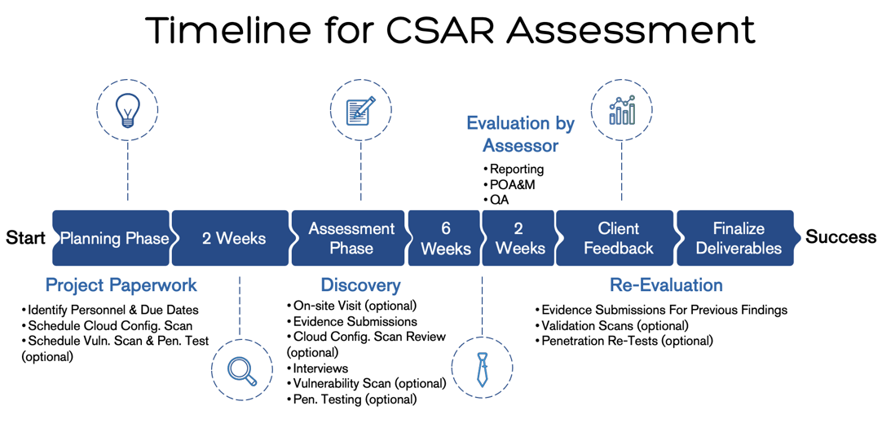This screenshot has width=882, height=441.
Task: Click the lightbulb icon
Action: coord(127,110)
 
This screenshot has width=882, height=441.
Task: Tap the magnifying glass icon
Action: coord(242,371)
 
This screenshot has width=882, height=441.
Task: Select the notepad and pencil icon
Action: coord(360,110)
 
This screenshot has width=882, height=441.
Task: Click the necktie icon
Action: coord(482,370)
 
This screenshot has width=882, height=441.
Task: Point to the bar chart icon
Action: coord(622,110)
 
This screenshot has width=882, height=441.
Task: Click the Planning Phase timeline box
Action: coord(112,238)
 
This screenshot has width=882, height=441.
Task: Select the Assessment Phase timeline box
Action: coord(351,238)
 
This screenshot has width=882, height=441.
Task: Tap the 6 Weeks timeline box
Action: coord(445,238)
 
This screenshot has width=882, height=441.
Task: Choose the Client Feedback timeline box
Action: coord(618,238)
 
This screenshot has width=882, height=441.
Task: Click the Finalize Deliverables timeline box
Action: coord(737,238)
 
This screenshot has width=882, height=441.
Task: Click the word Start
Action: coord(25,237)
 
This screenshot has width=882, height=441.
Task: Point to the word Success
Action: coord(840,237)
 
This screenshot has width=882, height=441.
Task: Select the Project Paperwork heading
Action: coord(121,285)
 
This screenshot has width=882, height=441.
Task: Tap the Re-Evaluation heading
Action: coord(666,285)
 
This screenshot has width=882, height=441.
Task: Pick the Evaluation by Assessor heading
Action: coord(520,135)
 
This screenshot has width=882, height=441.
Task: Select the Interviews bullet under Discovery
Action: coord(320,368)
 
